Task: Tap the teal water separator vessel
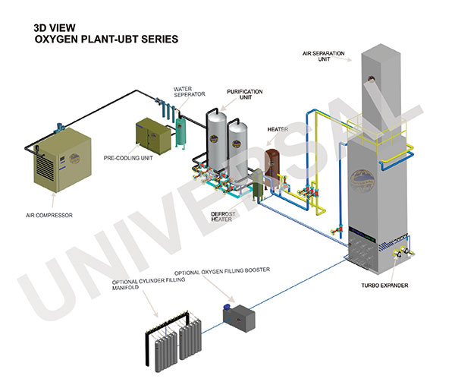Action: coord(181,130)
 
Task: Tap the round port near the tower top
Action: coord(373,77)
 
